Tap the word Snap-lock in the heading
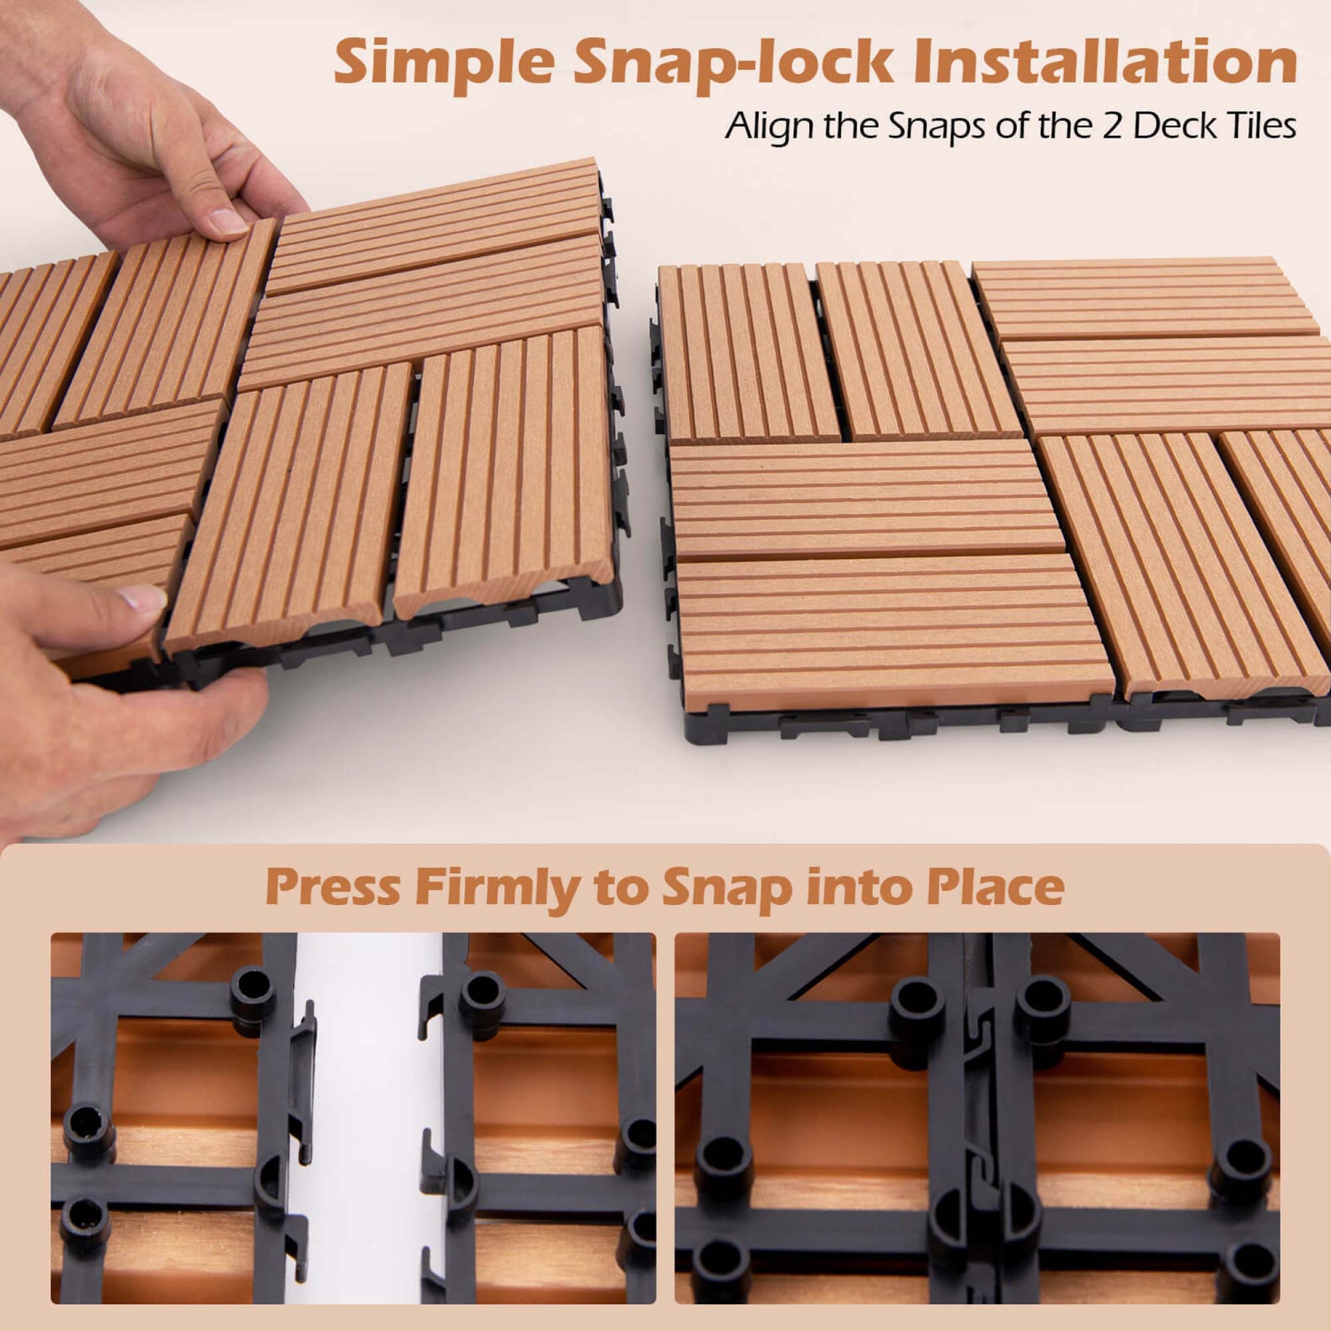coord(733,62)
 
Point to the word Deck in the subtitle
coord(1175,126)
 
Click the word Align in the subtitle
coord(768,127)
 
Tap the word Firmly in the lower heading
coord(497,887)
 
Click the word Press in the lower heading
coord(333,887)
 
